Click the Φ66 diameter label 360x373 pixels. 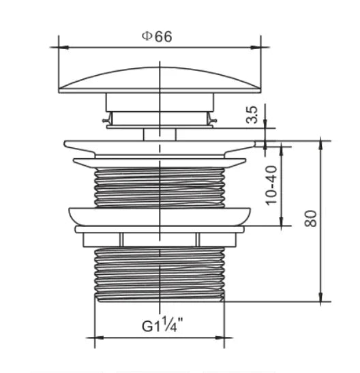pos(157,37)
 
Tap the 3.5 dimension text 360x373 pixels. pos(252,115)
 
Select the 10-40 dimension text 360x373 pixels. pos(271,185)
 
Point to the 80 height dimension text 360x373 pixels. pos(311,219)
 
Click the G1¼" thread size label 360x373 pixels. pos(163,325)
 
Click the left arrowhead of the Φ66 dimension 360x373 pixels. pos(63,48)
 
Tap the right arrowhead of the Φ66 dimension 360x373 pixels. pos(256,48)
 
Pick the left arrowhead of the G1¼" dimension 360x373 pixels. pos(100,338)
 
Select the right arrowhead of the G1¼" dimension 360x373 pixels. pos(220,338)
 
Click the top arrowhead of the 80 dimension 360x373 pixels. pos(320,145)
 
